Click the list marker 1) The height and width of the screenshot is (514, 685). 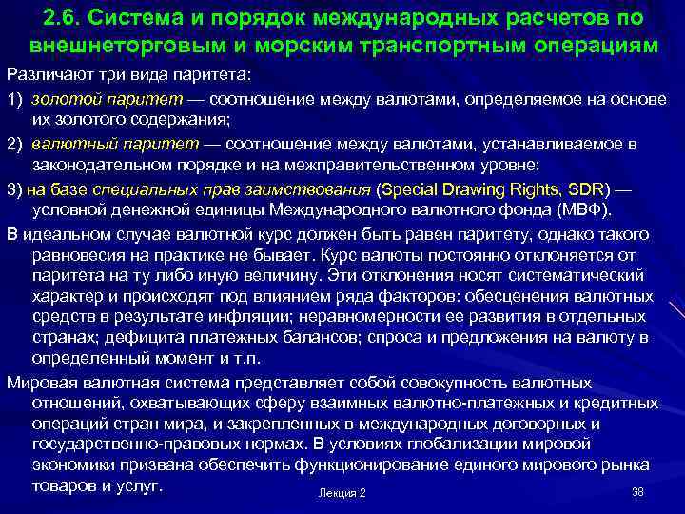[16, 98]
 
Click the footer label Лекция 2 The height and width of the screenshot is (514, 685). [342, 493]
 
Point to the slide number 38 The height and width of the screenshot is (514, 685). [637, 491]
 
